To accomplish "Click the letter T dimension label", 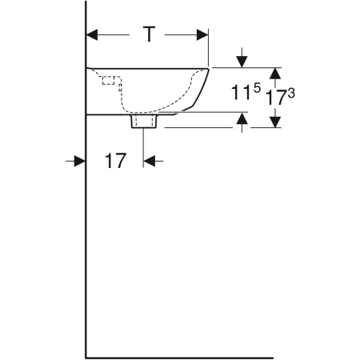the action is [149, 34].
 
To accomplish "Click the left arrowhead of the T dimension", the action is [92, 35].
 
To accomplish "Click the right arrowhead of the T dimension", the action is [202, 35].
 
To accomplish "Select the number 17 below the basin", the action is [115, 161].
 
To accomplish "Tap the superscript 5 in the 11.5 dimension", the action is [257, 87].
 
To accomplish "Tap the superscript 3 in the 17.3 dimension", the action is [291, 94].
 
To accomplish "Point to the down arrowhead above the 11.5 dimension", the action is [242, 62].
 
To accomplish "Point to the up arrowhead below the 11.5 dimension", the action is [242, 118].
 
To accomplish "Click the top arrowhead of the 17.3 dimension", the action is [275, 74].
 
